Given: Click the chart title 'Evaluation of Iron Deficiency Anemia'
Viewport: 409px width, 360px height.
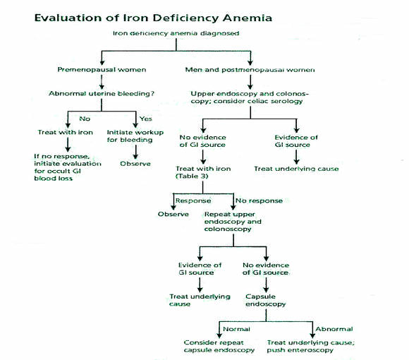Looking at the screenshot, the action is point(154,18).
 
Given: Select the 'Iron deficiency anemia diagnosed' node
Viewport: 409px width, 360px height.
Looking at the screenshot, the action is point(176,33).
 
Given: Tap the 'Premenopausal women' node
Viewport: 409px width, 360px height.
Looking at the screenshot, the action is point(102,70).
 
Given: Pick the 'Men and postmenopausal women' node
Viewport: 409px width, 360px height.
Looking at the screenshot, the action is point(250,70).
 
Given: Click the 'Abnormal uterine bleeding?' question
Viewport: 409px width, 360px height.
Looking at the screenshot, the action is point(102,93).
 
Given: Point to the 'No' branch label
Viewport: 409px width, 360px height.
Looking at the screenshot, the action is point(85,119).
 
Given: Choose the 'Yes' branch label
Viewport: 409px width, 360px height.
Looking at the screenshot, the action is point(145,119).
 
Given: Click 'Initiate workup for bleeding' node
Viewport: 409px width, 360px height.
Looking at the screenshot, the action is point(135,136).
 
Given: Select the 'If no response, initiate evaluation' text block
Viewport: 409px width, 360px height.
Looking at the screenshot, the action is point(68,167).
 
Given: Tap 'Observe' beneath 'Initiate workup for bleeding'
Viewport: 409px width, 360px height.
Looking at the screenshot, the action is point(135,164).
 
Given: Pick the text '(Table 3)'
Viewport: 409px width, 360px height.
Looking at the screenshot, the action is point(192,176).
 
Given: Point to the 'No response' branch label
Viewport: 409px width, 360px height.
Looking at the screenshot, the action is point(259,200).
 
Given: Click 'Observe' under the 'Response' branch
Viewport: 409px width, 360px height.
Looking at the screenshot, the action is point(173,214).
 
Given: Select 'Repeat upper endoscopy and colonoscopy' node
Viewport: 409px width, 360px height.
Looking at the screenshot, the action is point(233,222).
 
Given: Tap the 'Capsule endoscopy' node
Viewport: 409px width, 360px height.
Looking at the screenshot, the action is point(266,300).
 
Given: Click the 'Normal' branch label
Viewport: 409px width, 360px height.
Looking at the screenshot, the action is point(236,329).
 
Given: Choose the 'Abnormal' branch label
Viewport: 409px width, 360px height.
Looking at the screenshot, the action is point(334,329).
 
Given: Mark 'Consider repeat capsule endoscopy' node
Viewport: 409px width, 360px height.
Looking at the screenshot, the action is point(219,347).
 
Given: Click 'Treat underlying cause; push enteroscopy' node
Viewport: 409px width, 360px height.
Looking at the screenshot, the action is point(311,347).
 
